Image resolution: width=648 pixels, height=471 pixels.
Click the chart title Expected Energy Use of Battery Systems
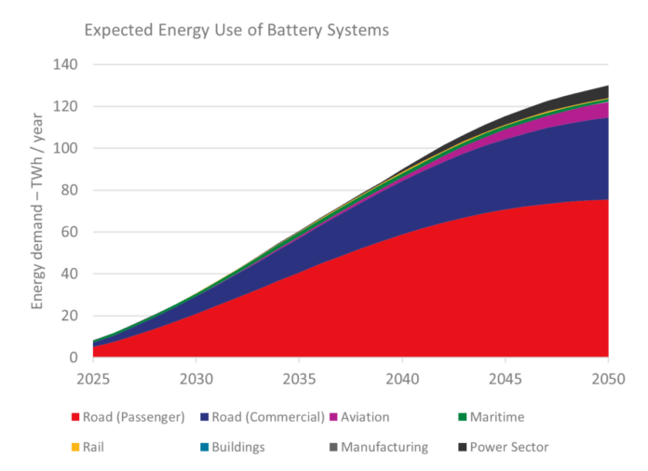236,30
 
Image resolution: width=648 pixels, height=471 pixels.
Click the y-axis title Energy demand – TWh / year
38,210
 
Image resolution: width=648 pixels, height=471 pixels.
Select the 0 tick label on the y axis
74,357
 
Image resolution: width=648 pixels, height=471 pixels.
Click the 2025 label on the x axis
93,379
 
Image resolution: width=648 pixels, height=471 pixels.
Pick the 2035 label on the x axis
299,379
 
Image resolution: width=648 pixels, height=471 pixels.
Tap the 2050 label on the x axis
607,379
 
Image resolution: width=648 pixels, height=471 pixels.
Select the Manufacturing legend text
384,447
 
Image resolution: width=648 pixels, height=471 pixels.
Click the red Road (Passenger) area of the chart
372,298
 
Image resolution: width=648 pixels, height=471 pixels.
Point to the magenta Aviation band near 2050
596,111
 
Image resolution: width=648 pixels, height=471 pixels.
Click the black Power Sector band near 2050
596,93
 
